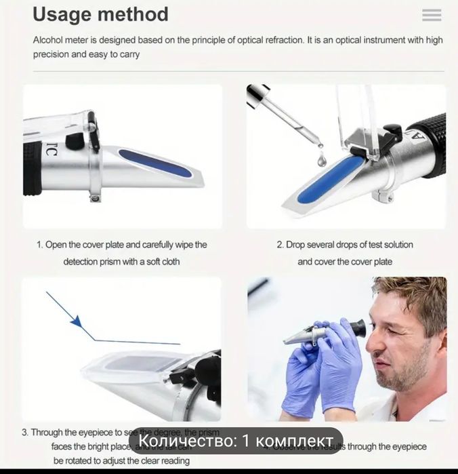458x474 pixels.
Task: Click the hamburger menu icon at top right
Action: [x=431, y=15]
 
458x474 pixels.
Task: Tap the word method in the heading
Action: [x=136, y=14]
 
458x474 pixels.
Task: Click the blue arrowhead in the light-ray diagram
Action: [x=76, y=321]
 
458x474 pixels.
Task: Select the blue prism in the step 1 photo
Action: [x=156, y=164]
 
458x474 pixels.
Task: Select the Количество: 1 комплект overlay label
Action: [x=236, y=441]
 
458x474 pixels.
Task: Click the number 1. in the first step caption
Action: [x=40, y=245]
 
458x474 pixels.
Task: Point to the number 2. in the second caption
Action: [x=280, y=245]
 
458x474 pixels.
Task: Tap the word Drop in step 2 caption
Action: [x=297, y=245]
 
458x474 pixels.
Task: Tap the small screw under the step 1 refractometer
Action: [x=96, y=198]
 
